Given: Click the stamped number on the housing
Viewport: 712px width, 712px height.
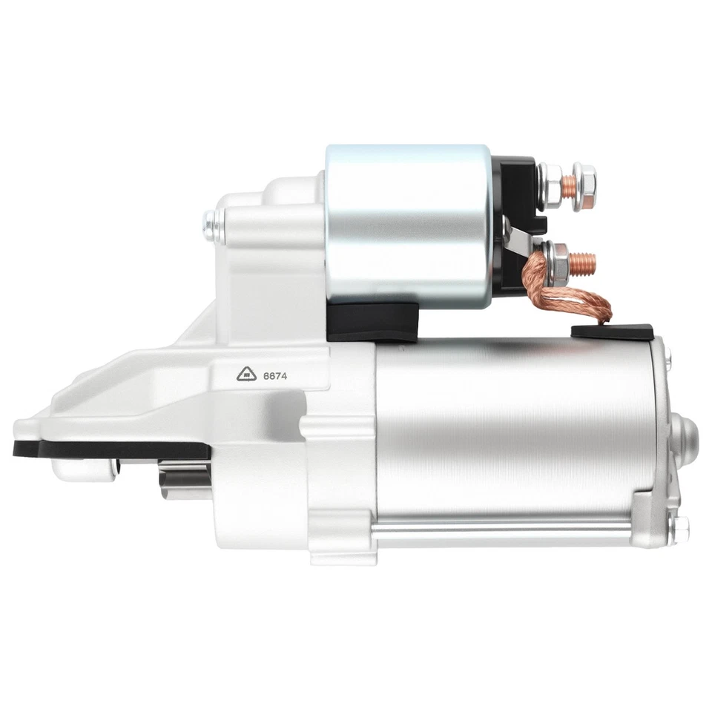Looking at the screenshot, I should click(275, 376).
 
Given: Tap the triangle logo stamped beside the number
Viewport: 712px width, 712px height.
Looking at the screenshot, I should click(247, 375).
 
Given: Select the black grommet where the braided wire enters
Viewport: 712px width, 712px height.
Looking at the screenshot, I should click(611, 332).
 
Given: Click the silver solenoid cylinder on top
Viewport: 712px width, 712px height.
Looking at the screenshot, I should click(408, 222).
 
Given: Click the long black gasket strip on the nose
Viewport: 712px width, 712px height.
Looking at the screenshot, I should click(111, 449).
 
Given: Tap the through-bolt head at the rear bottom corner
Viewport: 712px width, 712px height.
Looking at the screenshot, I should click(679, 529).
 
